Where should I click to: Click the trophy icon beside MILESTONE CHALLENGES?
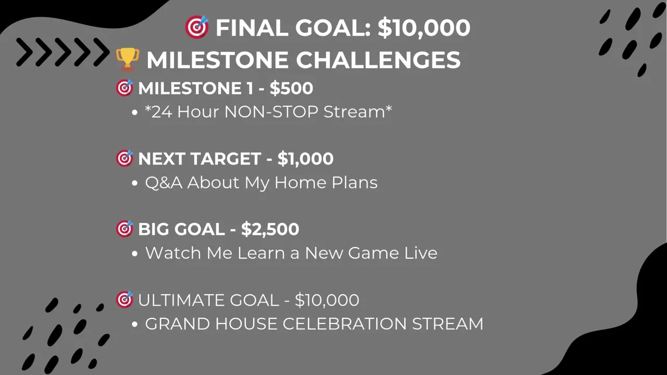click(x=128, y=59)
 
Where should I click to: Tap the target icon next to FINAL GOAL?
click(x=197, y=27)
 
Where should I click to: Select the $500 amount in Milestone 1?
click(x=291, y=89)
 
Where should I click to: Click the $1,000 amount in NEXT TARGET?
click(x=305, y=159)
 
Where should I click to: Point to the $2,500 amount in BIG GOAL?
click(x=270, y=229)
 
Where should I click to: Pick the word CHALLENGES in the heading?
click(x=378, y=60)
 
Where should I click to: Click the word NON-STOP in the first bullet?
click(x=271, y=111)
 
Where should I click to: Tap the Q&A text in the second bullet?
click(x=164, y=182)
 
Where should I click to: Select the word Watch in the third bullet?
click(x=173, y=253)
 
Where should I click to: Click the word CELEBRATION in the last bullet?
click(x=344, y=323)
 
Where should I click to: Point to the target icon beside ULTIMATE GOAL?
click(x=125, y=299)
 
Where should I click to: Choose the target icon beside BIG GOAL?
click(x=125, y=229)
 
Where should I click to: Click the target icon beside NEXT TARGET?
click(x=125, y=158)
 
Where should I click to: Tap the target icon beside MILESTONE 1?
click(x=125, y=88)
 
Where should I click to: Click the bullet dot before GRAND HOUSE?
click(x=134, y=324)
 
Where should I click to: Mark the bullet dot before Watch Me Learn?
click(x=134, y=254)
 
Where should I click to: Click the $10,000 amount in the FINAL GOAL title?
click(x=424, y=28)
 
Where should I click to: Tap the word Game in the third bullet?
click(x=373, y=253)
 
